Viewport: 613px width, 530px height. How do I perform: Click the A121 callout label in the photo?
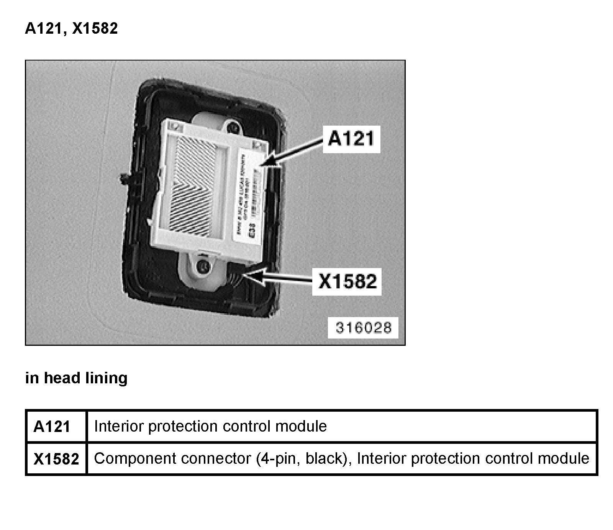351,139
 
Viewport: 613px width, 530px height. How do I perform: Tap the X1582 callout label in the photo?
347,282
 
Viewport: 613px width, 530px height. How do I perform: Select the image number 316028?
364,327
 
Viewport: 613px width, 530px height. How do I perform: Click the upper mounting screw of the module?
231,125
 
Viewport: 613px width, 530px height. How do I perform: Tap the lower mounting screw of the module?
202,266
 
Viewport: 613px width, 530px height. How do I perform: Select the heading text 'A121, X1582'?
71,28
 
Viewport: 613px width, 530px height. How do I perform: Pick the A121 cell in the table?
52,426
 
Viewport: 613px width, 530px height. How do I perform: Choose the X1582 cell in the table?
56,459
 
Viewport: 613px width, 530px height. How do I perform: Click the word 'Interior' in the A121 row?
118,426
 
